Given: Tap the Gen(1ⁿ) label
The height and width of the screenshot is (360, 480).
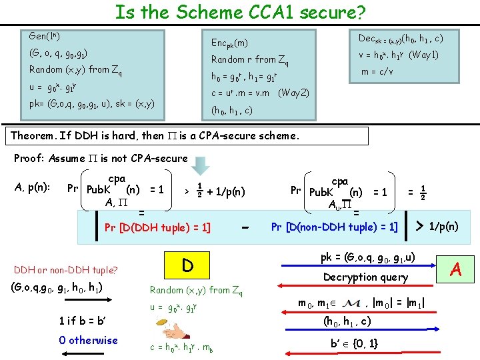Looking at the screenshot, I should coord(45,35).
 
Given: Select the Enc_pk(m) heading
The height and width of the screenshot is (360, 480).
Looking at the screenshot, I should coord(229,43).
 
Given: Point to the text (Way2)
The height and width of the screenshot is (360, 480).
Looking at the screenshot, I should coord(293,93).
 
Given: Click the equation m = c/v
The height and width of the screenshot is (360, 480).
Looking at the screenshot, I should coord(377,71).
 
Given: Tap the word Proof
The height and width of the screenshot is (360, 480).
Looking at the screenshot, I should coord(30,159).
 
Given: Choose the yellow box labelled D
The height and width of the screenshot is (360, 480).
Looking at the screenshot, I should coord(188,265).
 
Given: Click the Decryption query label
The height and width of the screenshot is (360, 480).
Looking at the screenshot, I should coord(366,277).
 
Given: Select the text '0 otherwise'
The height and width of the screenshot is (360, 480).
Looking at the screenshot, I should coord(88,341).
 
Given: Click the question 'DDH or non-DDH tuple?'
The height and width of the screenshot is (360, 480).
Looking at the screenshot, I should coord(65,269).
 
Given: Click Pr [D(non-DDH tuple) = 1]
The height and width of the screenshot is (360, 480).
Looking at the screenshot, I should coord(335,227).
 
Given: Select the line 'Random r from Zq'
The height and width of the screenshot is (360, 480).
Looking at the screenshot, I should coord(249,60).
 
